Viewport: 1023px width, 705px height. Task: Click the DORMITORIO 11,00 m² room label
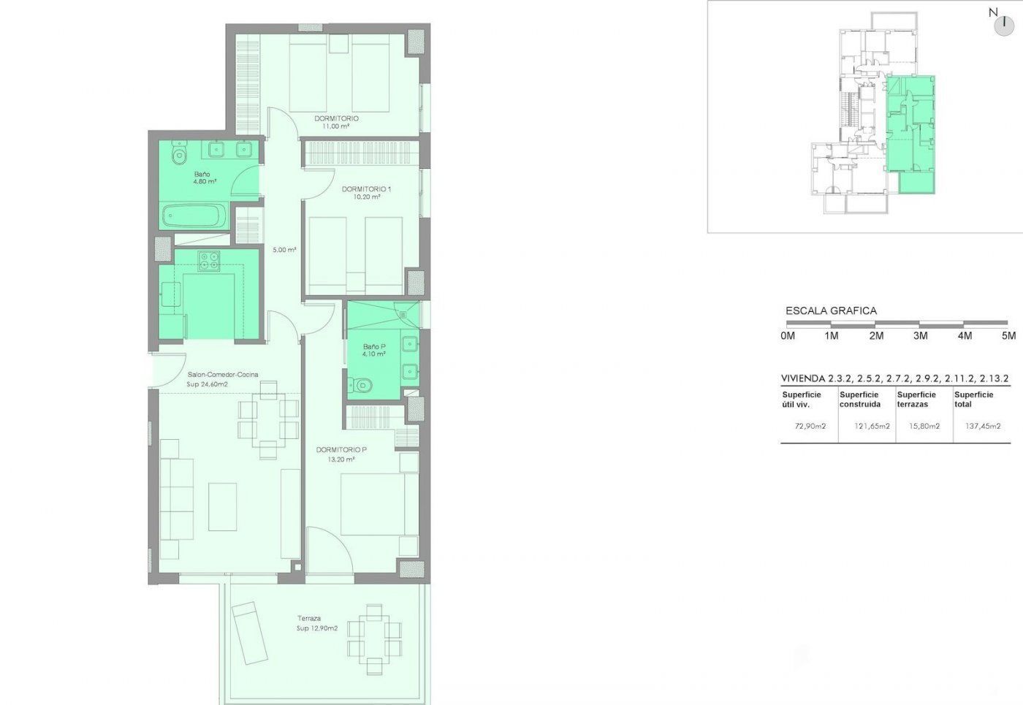[x=336, y=123]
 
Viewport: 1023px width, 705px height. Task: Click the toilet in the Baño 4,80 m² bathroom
[x=179, y=153]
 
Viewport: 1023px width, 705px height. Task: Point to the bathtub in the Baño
[x=194, y=216]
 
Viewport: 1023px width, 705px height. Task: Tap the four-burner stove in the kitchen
[x=209, y=261]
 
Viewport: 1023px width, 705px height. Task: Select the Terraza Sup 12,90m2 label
[x=317, y=623]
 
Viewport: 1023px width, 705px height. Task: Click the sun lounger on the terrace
[x=249, y=633]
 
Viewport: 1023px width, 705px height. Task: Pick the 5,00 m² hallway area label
[x=284, y=250]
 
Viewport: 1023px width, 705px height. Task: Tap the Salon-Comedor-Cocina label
[x=223, y=374]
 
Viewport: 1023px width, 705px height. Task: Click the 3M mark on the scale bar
[x=920, y=336]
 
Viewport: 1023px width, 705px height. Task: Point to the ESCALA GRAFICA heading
[x=832, y=311]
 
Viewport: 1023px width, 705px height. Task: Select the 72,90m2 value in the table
[x=810, y=426]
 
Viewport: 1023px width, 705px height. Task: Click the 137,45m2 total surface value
[x=983, y=426]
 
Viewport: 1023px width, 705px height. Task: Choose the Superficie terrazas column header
[x=916, y=399]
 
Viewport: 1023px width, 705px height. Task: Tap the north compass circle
[x=1004, y=26]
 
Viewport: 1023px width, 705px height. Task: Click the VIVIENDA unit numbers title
[x=895, y=378]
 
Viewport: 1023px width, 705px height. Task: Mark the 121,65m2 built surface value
[x=872, y=426]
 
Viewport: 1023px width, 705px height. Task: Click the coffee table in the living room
[x=222, y=507]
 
